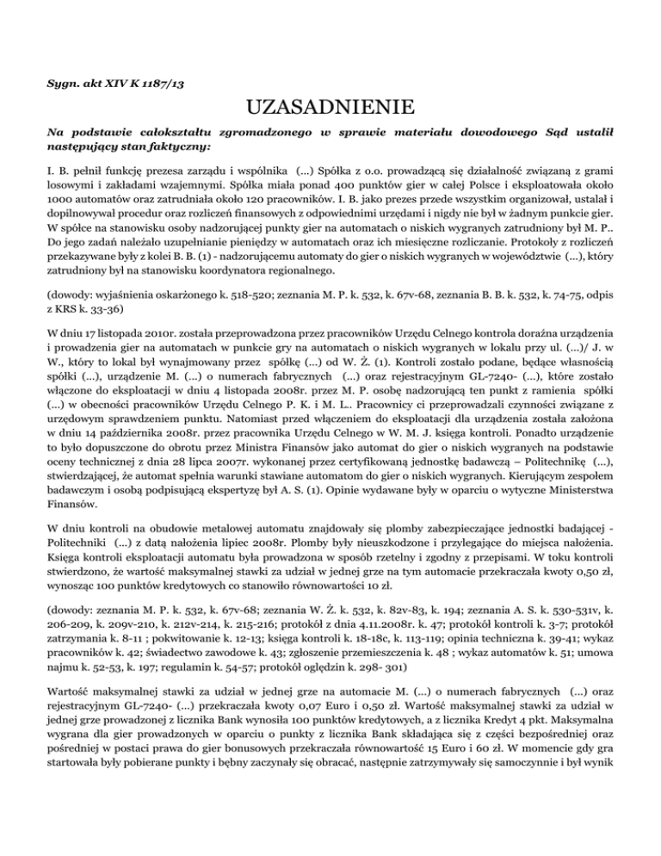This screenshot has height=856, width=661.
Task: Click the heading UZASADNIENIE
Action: (330, 109)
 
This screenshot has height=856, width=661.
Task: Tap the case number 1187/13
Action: (169, 83)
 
